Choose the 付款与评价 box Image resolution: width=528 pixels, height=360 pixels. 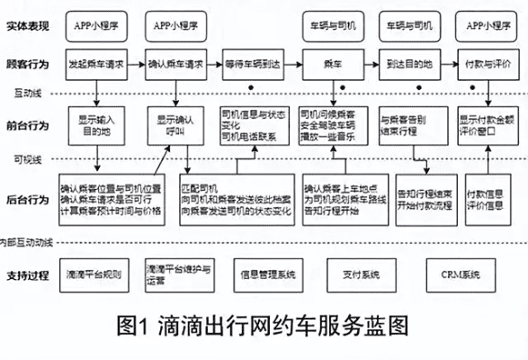tap(488, 64)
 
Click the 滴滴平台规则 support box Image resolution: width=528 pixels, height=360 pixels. tap(96, 271)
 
